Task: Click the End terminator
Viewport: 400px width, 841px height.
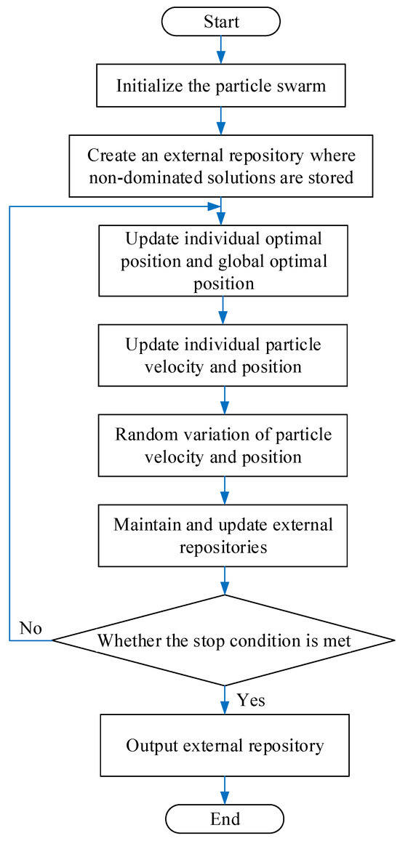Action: click(x=224, y=818)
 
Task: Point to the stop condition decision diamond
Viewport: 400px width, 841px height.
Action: click(x=224, y=640)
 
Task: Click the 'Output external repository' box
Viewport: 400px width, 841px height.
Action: click(x=224, y=746)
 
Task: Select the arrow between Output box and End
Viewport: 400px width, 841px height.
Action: click(x=224, y=787)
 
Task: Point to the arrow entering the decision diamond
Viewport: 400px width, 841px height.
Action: click(x=224, y=582)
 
